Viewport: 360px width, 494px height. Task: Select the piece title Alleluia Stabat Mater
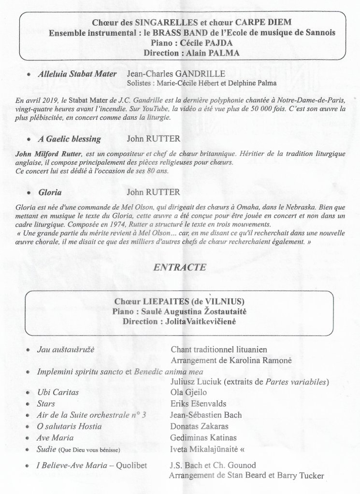77,74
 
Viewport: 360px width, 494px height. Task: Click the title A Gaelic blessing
70,139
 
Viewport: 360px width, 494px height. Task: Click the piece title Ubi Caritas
58,393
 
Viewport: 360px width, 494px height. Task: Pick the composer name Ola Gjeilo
188,393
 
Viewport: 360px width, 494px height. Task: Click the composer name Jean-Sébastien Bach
206,415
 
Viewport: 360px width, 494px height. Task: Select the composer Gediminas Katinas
203,438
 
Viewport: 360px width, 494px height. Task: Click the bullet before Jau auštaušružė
29,349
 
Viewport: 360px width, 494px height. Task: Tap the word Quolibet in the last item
130,466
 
